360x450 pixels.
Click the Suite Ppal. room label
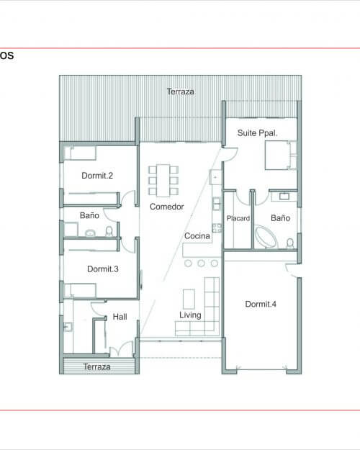(x=257, y=133)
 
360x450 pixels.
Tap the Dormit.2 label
(x=97, y=176)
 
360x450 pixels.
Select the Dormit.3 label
(x=103, y=269)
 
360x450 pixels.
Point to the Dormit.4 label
(x=261, y=304)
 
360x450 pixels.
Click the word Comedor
(x=167, y=207)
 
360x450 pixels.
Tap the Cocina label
(x=197, y=236)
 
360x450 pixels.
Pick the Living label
(x=190, y=315)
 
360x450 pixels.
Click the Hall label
(x=120, y=317)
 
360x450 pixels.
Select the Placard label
(x=238, y=218)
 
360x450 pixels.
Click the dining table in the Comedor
(x=163, y=181)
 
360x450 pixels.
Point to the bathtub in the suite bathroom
(x=266, y=237)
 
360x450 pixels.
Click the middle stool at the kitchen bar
(x=202, y=264)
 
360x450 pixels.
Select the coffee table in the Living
(x=189, y=299)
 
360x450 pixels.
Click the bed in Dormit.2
(x=80, y=153)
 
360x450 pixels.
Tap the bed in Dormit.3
(x=80, y=290)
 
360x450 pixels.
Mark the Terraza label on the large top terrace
(x=180, y=92)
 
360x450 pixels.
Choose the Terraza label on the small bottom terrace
(x=96, y=366)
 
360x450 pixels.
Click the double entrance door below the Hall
(x=122, y=350)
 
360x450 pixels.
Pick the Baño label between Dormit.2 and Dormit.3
(x=89, y=215)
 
